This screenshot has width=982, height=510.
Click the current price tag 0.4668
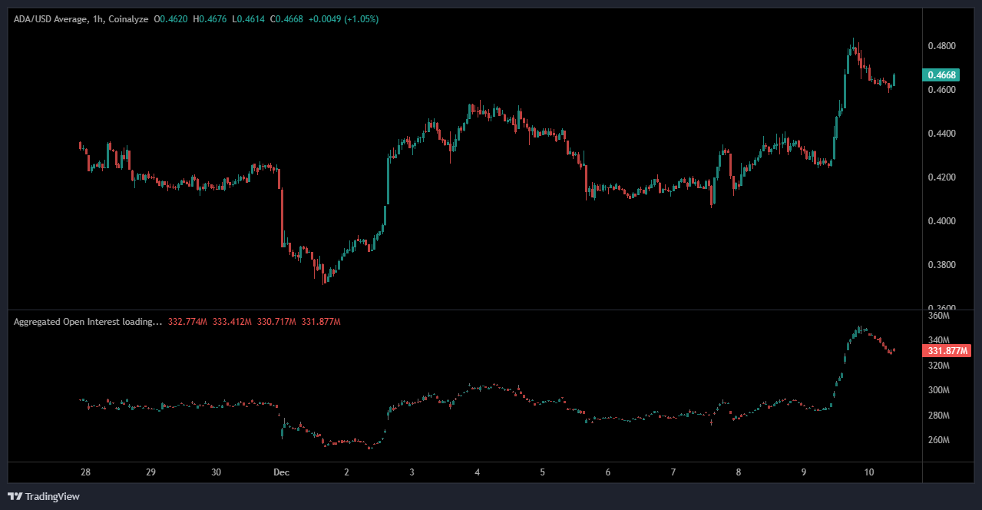point(941,75)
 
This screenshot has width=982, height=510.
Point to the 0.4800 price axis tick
point(941,46)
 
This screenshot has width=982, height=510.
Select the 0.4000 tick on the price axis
point(941,221)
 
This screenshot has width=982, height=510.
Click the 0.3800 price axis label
point(941,265)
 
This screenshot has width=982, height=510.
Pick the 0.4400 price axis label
point(941,134)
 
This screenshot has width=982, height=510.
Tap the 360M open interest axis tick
point(939,316)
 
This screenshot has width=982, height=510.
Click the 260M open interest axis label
point(939,440)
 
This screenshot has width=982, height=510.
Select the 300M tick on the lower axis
point(939,390)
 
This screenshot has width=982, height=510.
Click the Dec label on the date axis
point(281,472)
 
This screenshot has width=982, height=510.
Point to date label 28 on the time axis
point(85,472)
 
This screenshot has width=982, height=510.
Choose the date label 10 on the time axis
point(869,472)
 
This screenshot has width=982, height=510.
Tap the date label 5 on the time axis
point(542,472)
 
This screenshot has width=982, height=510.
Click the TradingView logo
point(44,496)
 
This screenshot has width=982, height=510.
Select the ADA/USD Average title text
point(47,18)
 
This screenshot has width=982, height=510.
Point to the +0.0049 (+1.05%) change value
point(345,18)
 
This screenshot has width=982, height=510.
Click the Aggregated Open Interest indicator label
point(88,322)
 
